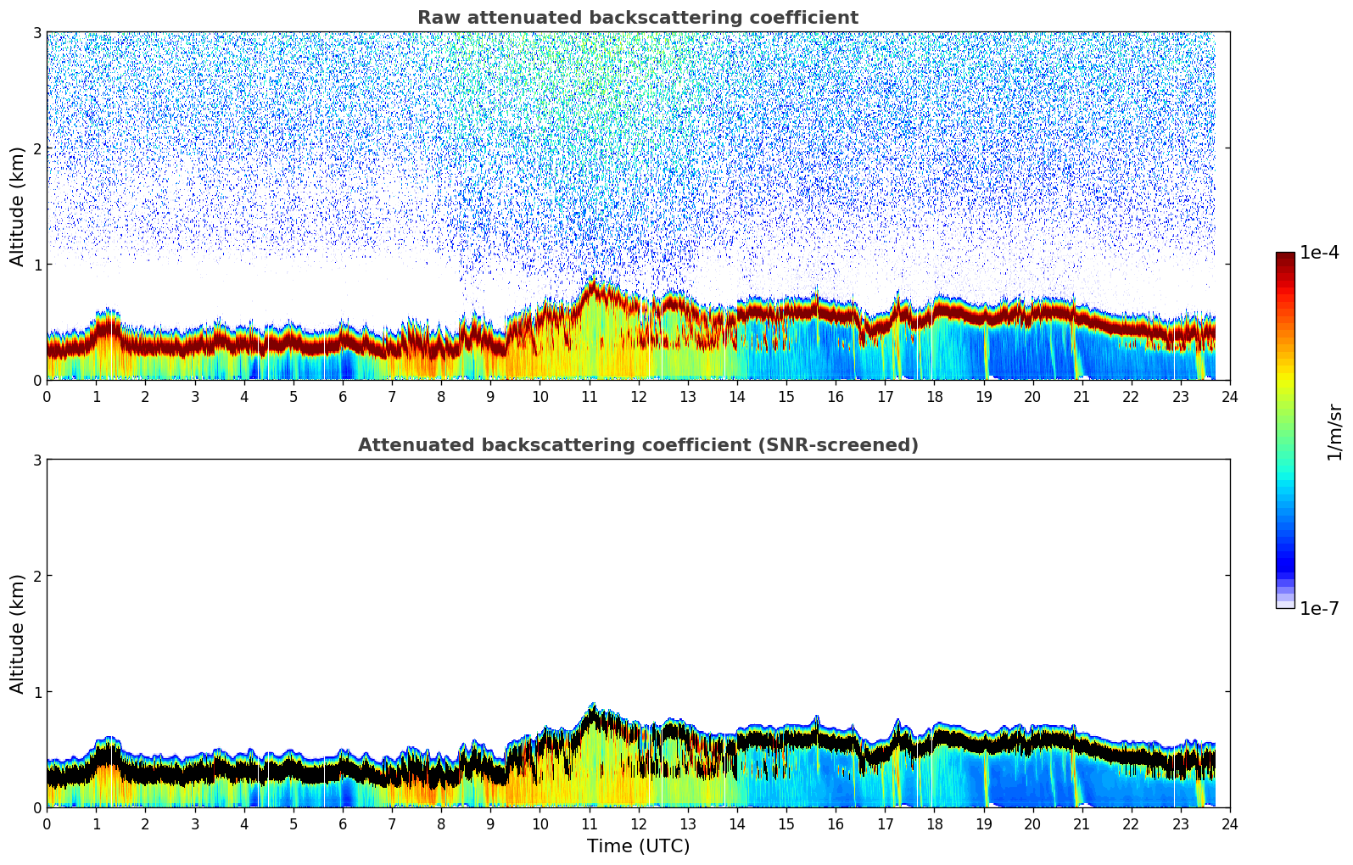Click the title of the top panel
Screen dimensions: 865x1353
pyautogui.click(x=637, y=18)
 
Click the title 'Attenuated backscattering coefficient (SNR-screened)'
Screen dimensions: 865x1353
pyautogui.click(x=637, y=445)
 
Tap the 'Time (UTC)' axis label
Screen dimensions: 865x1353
pyautogui.click(x=638, y=846)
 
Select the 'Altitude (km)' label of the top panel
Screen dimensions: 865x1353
pyautogui.click(x=17, y=206)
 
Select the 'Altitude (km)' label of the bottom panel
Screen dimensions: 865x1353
pyautogui.click(x=17, y=633)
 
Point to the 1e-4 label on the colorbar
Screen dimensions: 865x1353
pyautogui.click(x=1319, y=253)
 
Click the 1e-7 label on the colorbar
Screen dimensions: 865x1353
pyautogui.click(x=1319, y=608)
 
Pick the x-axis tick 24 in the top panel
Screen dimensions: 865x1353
pyautogui.click(x=1229, y=397)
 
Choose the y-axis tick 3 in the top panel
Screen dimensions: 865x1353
pyautogui.click(x=36, y=32)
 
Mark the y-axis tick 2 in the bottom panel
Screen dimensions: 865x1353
pyautogui.click(x=36, y=576)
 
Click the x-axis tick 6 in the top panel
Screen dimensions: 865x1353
pyautogui.click(x=343, y=397)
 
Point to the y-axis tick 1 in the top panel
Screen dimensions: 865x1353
pyautogui.click(x=36, y=265)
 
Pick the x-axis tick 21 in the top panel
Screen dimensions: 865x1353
pyautogui.click(x=1082, y=397)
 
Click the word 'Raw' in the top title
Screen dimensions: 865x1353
pyautogui.click(x=436, y=18)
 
